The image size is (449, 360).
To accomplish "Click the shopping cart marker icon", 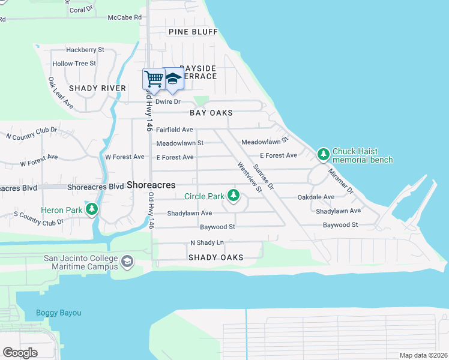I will pyautogui.click(x=154, y=79).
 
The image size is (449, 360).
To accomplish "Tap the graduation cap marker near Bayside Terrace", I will pyautogui.click(x=173, y=79).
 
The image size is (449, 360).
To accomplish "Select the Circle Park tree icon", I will pyautogui.click(x=234, y=196).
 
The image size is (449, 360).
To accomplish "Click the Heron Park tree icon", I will pyautogui.click(x=92, y=209).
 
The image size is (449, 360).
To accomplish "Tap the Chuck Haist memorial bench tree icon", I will pyautogui.click(x=324, y=155).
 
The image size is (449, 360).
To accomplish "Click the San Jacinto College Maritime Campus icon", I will pyautogui.click(x=127, y=262).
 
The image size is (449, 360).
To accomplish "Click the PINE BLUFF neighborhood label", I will pyautogui.click(x=193, y=32).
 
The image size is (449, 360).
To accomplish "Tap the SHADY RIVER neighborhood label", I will pyautogui.click(x=97, y=88).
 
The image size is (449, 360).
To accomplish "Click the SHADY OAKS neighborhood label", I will pyautogui.click(x=215, y=257).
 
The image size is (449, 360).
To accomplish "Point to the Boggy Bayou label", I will pyautogui.click(x=58, y=313).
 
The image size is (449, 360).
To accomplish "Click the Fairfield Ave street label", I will pyautogui.click(x=174, y=130).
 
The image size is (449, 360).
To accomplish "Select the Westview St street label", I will pyautogui.click(x=250, y=178).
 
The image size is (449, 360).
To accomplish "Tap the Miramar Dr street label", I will pyautogui.click(x=341, y=179).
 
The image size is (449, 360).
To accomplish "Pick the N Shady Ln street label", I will pyautogui.click(x=206, y=242).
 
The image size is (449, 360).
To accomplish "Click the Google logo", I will pyautogui.click(x=20, y=353).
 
